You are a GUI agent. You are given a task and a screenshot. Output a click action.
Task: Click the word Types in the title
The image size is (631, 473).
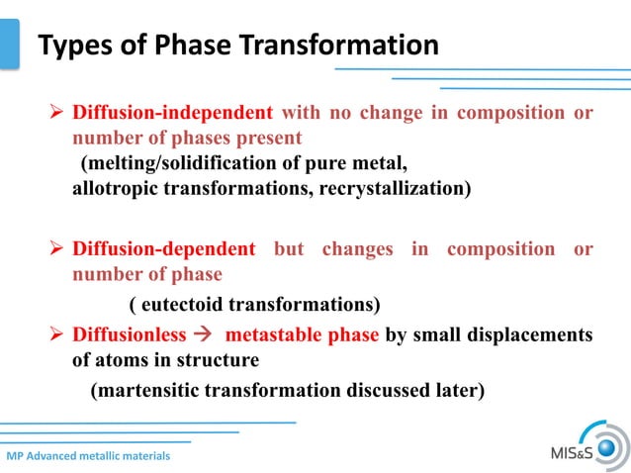tap(70, 46)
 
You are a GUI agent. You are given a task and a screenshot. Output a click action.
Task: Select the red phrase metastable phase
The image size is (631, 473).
tap(303, 334)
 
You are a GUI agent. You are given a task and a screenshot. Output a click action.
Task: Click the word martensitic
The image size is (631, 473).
tap(145, 390)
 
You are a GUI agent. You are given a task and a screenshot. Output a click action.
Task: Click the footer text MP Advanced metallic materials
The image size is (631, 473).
tap(88, 456)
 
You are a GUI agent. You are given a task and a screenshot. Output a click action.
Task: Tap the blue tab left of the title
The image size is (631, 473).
tap(9, 44)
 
